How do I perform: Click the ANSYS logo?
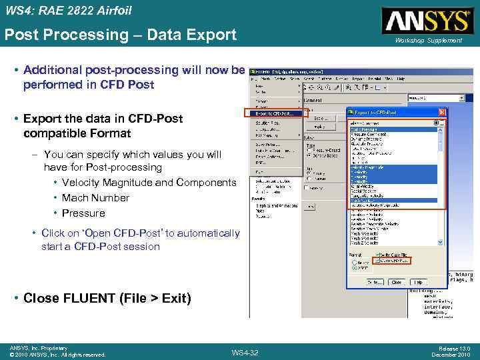tap(426, 21)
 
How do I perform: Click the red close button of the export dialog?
tap(441, 113)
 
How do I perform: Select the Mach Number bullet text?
tap(95, 198)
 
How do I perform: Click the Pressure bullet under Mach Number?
tap(83, 213)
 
